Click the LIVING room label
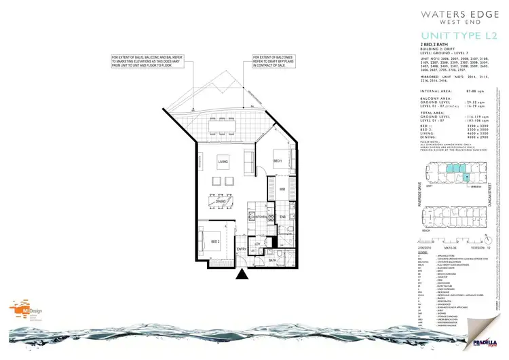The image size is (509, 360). (x=222, y=161)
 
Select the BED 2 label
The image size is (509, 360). (x=214, y=242)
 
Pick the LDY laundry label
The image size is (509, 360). (x=257, y=244)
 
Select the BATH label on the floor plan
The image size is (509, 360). (x=271, y=260)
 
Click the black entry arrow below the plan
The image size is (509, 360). (x=242, y=275)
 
